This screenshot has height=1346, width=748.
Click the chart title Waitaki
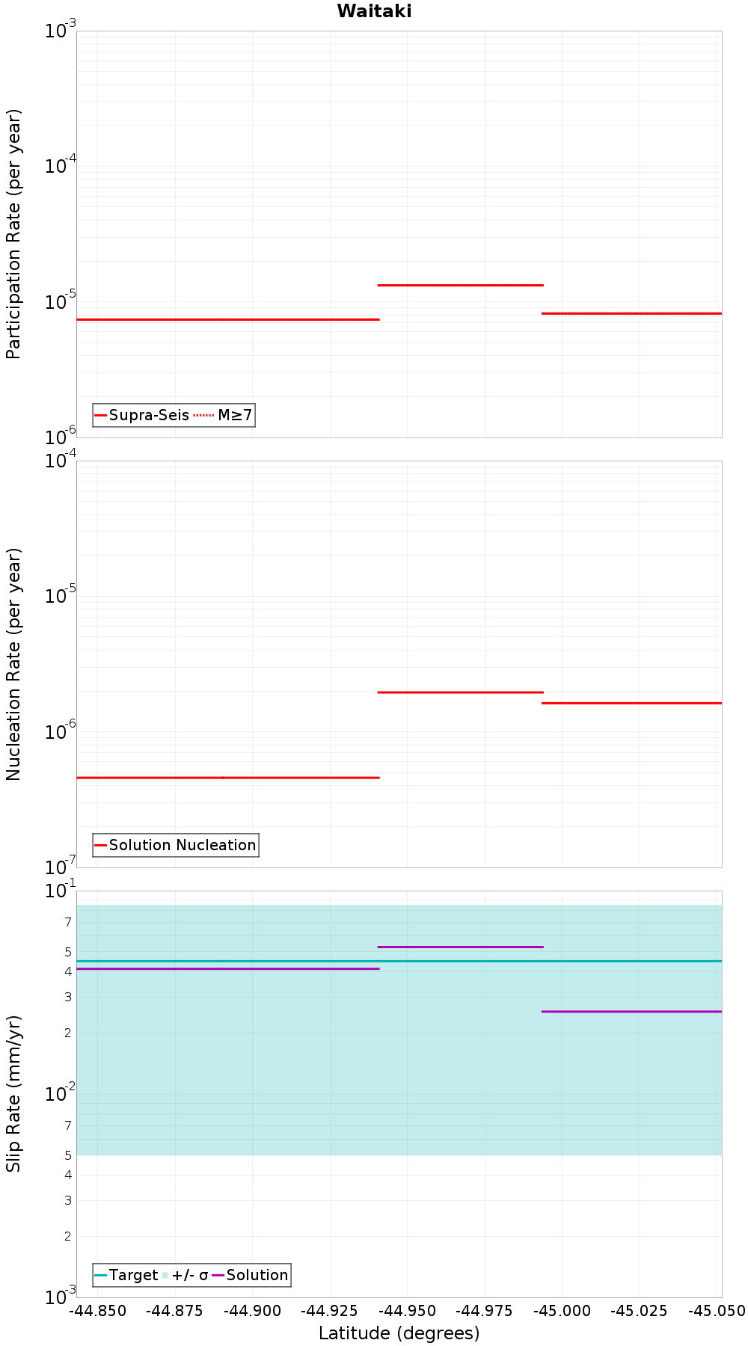374,11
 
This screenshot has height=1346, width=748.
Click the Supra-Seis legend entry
142,415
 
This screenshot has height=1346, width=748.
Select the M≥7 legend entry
224,415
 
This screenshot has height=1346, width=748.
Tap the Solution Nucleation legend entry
176,845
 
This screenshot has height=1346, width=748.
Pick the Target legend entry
126,1275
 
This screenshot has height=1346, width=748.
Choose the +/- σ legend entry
186,1275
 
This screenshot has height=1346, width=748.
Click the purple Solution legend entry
251,1275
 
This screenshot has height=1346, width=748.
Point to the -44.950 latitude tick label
406,1311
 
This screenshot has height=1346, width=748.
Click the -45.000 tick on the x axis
562,1311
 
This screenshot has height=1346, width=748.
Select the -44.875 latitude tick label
174,1311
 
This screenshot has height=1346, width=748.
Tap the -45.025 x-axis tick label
640,1311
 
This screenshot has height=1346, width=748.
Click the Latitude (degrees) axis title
399,1333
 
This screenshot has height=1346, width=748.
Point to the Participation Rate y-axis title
13,234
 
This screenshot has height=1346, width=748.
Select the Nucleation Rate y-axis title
13,664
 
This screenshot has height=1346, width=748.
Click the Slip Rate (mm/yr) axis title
13,1093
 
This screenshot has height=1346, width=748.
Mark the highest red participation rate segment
460,285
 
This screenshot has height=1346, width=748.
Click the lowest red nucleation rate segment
228,778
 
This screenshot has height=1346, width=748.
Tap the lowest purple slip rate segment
632,1012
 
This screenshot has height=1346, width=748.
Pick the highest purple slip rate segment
460,947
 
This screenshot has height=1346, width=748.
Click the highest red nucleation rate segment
460,692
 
